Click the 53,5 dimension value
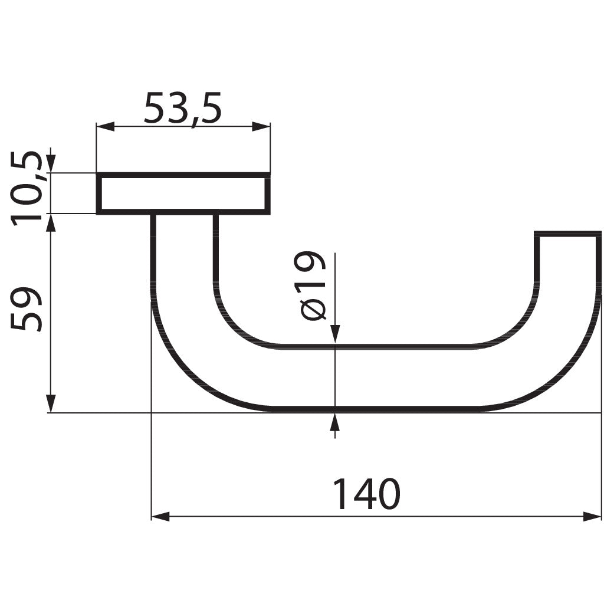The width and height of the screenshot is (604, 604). click(182, 109)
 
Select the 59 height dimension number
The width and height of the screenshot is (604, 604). click(28, 309)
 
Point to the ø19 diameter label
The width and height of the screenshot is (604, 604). click(313, 285)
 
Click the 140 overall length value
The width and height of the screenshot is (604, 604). click(366, 494)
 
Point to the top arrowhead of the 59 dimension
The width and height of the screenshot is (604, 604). click(51, 222)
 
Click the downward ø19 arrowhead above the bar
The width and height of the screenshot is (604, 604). click(335, 333)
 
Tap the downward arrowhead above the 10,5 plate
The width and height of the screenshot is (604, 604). click(51, 164)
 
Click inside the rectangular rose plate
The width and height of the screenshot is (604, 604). click(183, 194)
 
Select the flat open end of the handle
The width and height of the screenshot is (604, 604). click(567, 234)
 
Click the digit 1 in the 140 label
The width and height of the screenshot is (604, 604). click(340, 494)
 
